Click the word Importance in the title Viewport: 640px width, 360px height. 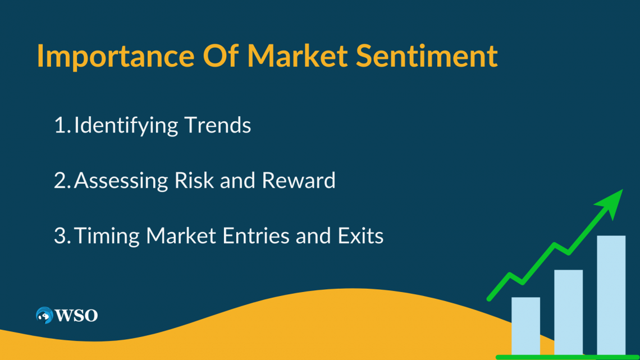point(116,56)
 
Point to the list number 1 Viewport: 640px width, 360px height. point(62,125)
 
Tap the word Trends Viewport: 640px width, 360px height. point(218,125)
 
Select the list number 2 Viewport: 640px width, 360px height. point(62,181)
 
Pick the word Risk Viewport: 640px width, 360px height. point(194,180)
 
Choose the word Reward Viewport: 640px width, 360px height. point(298,180)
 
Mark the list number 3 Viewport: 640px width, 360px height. point(62,236)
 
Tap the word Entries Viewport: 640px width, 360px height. point(256,236)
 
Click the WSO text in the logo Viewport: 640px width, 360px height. point(76,316)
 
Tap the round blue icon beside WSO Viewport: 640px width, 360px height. point(44,315)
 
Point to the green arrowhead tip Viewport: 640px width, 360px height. point(623,189)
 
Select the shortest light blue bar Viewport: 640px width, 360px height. point(525,326)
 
